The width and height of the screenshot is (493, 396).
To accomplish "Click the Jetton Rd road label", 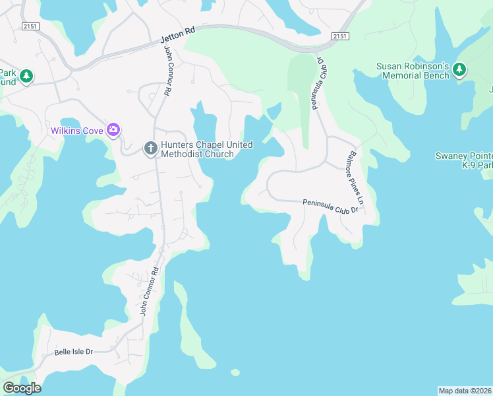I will pyautogui.click(x=178, y=35).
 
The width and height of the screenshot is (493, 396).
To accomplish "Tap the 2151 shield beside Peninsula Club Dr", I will pyautogui.click(x=339, y=36).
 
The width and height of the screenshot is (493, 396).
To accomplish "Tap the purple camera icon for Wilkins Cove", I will pyautogui.click(x=113, y=129).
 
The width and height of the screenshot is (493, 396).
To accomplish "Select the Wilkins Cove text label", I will pyautogui.click(x=77, y=131).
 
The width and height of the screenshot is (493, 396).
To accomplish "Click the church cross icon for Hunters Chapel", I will pyautogui.click(x=150, y=148).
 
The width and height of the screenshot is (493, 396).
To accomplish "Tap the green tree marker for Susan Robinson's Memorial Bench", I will pyautogui.click(x=459, y=69).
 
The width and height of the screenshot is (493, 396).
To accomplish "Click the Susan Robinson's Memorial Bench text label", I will pyautogui.click(x=413, y=71).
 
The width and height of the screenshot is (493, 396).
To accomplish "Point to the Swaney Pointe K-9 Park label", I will pyautogui.click(x=464, y=160).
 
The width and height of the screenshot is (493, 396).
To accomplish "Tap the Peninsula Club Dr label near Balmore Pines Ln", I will pyautogui.click(x=330, y=206).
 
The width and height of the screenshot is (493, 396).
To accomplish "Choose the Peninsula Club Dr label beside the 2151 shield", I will pyautogui.click(x=323, y=82).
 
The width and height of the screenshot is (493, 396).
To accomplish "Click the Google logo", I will pyautogui.click(x=22, y=388).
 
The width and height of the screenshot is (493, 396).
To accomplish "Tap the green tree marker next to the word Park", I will pyautogui.click(x=26, y=76).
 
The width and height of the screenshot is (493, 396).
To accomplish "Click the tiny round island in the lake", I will pyautogui.click(x=235, y=372).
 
